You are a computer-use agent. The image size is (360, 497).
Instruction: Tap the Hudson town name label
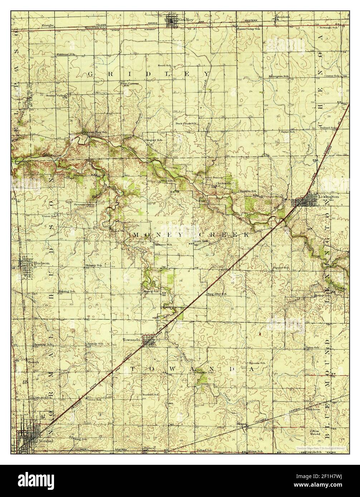pos(39,262)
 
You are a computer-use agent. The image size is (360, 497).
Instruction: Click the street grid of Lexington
pos(305,202)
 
